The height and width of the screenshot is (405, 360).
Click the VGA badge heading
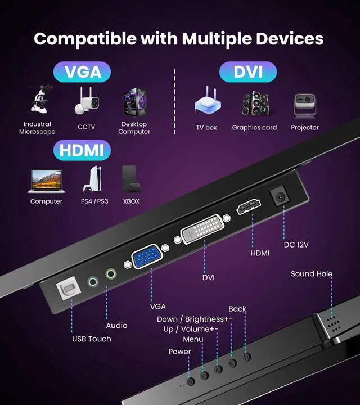pyautogui.click(x=82, y=73)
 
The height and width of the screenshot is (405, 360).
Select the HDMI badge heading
pyautogui.click(x=82, y=150)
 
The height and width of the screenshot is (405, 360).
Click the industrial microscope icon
pyautogui.click(x=40, y=101)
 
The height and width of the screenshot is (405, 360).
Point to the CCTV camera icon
pyautogui.click(x=86, y=101)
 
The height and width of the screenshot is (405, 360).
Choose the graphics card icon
pyautogui.click(x=255, y=104)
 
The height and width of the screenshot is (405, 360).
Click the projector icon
pyautogui.click(x=304, y=105)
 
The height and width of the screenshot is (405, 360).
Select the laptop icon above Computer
pyautogui.click(x=47, y=179)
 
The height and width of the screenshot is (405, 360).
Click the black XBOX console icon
pyautogui.click(x=130, y=179)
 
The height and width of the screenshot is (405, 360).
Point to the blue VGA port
pyautogui.click(x=147, y=258)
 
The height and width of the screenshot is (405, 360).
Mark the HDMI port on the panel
pyautogui.click(x=249, y=208)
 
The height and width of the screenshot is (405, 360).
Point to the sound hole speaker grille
pyautogui.click(x=331, y=322)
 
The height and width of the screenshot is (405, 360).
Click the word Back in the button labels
pyautogui.click(x=237, y=309)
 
